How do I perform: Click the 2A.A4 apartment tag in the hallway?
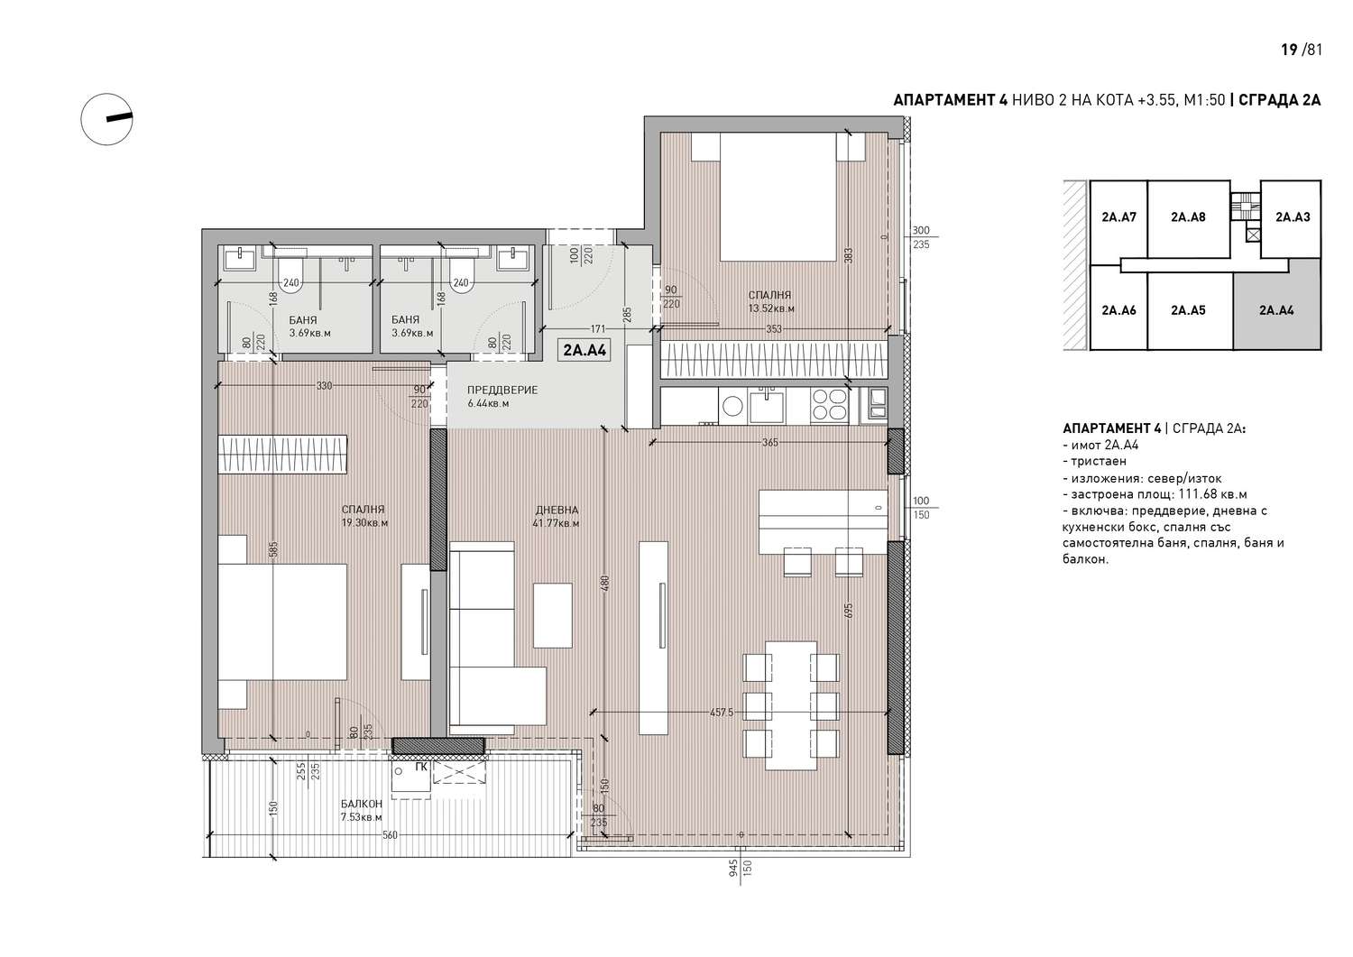pos(584,350)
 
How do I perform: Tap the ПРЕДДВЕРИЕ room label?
pos(502,390)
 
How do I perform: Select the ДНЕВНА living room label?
pos(557,510)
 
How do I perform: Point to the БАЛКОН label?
pos(361,805)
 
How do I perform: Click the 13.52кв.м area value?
pos(771,308)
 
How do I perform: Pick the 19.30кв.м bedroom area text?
pos(364,522)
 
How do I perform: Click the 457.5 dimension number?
pos(722,713)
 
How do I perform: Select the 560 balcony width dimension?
pos(391,835)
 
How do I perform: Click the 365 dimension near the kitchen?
pos(770,443)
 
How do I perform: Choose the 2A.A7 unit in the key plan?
pos(1118,216)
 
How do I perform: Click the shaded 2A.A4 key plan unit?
pos(1277,310)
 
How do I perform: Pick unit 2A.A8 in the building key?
pos(1188,216)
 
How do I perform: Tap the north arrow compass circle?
pos(107,119)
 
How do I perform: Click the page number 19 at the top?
pos(1289,50)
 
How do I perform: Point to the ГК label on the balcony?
pos(421,768)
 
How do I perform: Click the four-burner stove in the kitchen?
pos(829,404)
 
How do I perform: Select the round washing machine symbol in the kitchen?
pos(732,405)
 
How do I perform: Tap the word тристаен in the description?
pos(1099,462)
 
